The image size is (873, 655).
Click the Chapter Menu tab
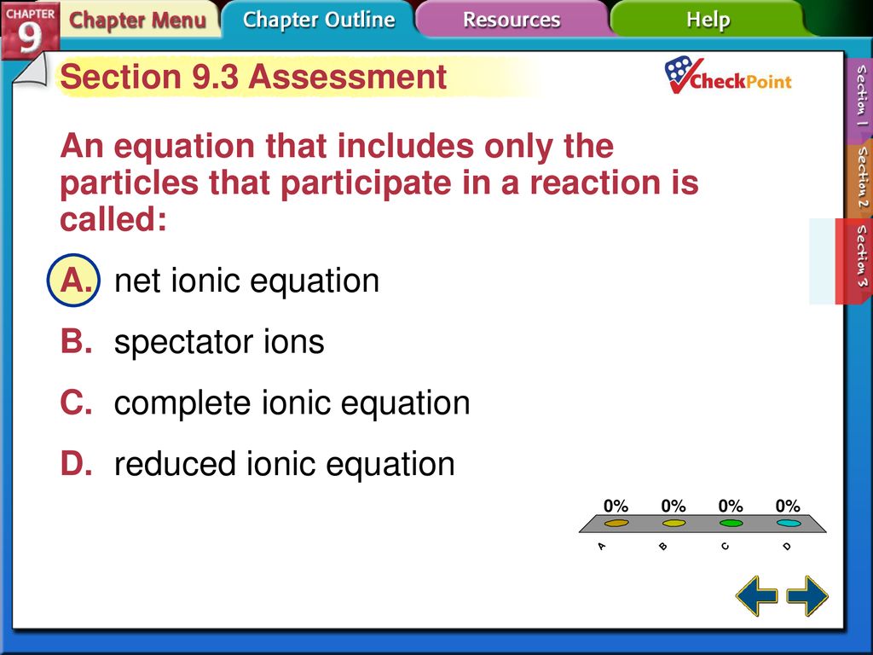[x=137, y=20]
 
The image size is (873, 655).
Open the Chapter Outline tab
[x=319, y=20]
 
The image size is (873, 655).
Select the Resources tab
[x=512, y=20]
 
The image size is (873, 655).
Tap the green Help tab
[x=708, y=20]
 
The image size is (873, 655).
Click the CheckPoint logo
[x=727, y=76]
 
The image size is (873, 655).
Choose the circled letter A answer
[x=74, y=280]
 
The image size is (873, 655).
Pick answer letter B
[x=76, y=341]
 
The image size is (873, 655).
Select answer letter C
[x=76, y=403]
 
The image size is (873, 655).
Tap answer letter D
[x=76, y=464]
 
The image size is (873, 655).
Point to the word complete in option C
[x=182, y=404]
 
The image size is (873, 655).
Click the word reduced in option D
[x=175, y=464]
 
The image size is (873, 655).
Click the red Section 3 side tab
[x=854, y=261]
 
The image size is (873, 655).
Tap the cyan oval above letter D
[x=789, y=523]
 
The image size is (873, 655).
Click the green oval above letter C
[x=731, y=523]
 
